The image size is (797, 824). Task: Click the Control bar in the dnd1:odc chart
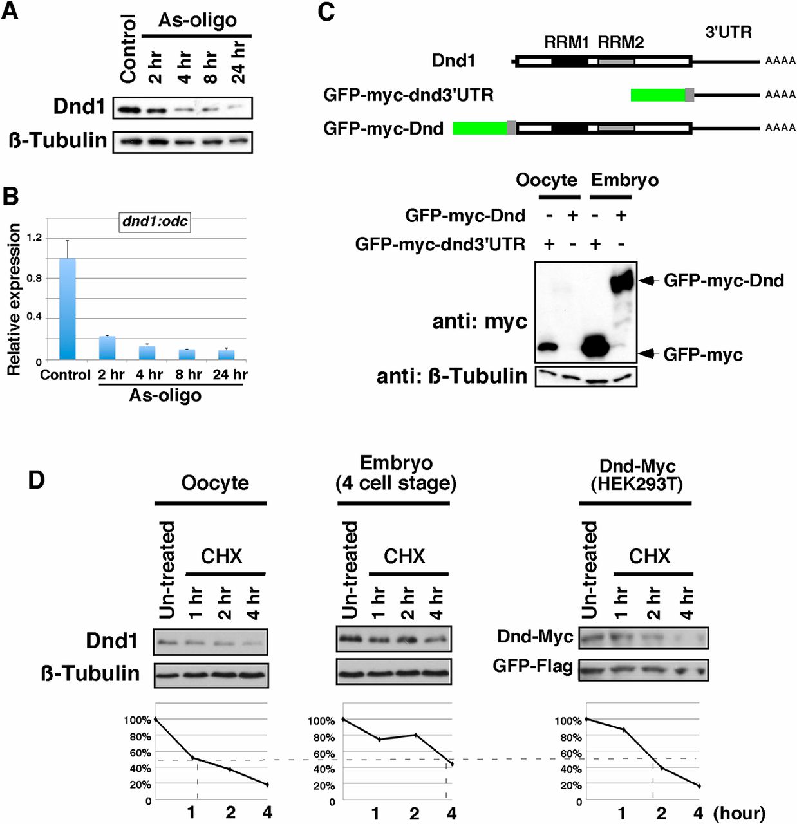pyautogui.click(x=67, y=308)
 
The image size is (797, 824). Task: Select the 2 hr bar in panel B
pyautogui.click(x=108, y=348)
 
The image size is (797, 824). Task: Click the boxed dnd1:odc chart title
pyautogui.click(x=155, y=221)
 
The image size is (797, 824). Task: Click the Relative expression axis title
pyautogui.click(x=14, y=299)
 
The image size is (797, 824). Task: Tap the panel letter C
pyautogui.click(x=326, y=13)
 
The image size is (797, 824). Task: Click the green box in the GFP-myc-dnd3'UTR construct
pyautogui.click(x=657, y=95)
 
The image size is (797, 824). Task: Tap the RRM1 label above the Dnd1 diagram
pyautogui.click(x=566, y=42)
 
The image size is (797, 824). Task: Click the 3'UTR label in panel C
pyautogui.click(x=728, y=32)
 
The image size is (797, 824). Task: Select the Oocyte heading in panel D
pyautogui.click(x=215, y=483)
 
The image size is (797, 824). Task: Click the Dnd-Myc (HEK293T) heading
pyautogui.click(x=637, y=474)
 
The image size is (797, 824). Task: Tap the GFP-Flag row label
pyautogui.click(x=532, y=666)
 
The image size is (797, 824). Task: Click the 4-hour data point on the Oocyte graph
pyautogui.click(x=267, y=785)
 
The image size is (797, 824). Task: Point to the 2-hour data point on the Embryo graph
pyautogui.click(x=415, y=735)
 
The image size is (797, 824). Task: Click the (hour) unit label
pyautogui.click(x=739, y=813)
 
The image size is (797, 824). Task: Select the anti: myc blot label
pyautogui.click(x=480, y=321)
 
